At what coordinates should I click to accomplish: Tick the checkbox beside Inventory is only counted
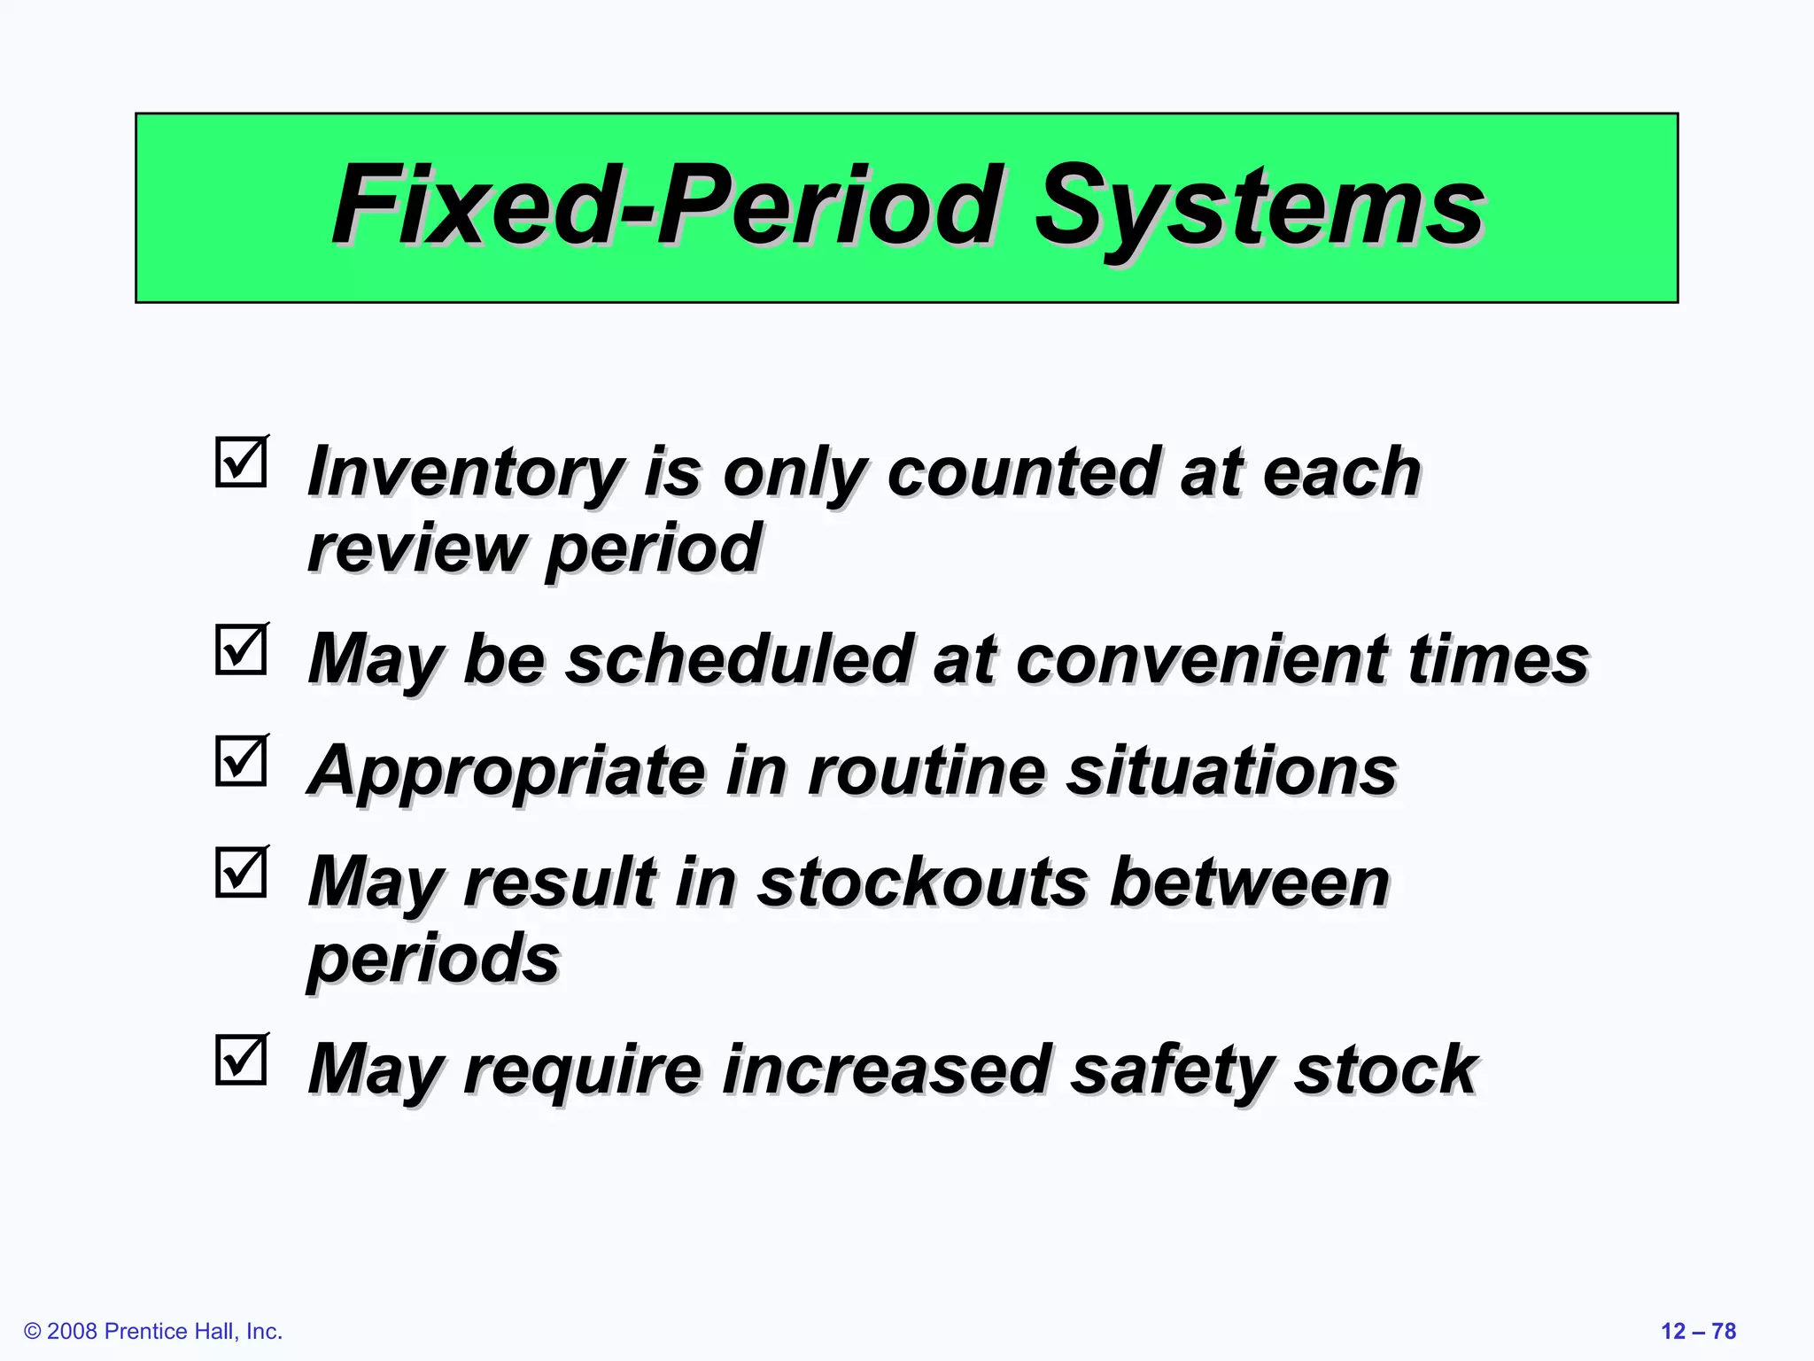pos(241,462)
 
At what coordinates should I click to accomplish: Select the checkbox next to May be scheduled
pos(241,649)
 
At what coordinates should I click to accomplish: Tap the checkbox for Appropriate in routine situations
pos(241,761)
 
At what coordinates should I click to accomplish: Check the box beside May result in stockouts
pos(241,872)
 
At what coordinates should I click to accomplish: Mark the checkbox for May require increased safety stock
pos(241,1060)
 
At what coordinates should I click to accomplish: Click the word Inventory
pos(465,474)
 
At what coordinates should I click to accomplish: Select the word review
pos(416,549)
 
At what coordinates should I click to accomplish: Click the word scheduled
pos(740,660)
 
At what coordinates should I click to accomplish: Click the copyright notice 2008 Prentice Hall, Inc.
pos(153,1331)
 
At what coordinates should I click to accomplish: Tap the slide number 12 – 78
pos(1698,1331)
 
